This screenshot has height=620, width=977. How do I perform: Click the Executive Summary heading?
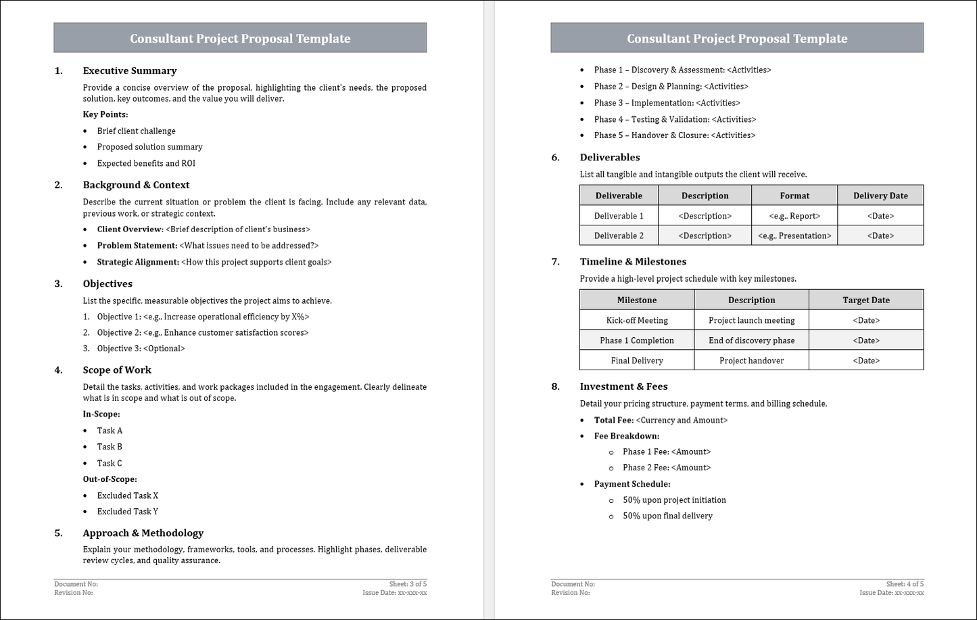coord(129,70)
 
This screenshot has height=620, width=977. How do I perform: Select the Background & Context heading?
coord(136,185)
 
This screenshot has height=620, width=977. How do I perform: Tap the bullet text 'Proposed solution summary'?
coord(149,147)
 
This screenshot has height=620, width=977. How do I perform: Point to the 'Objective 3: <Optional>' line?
coord(141,349)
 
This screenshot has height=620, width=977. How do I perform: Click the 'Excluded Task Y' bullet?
coord(127,512)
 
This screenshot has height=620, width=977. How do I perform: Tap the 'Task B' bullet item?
coord(110,447)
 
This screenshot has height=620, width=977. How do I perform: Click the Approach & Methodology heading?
coord(143,533)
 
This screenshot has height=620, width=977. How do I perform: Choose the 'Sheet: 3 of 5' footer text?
coord(408,584)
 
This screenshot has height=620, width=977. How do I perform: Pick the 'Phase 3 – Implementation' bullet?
coord(667,103)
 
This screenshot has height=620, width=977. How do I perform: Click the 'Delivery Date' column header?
coord(880,196)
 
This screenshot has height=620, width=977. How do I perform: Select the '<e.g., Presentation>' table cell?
coord(794,236)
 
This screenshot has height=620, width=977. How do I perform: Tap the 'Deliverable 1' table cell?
coord(619,216)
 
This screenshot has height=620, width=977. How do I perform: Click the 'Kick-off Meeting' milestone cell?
coord(636,320)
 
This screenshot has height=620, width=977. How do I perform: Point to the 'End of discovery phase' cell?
coord(751,340)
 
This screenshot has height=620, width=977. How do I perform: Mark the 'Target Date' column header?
coord(865,300)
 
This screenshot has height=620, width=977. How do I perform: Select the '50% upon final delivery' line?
coord(667,516)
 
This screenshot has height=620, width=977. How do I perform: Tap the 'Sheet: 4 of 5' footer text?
coord(905,584)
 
